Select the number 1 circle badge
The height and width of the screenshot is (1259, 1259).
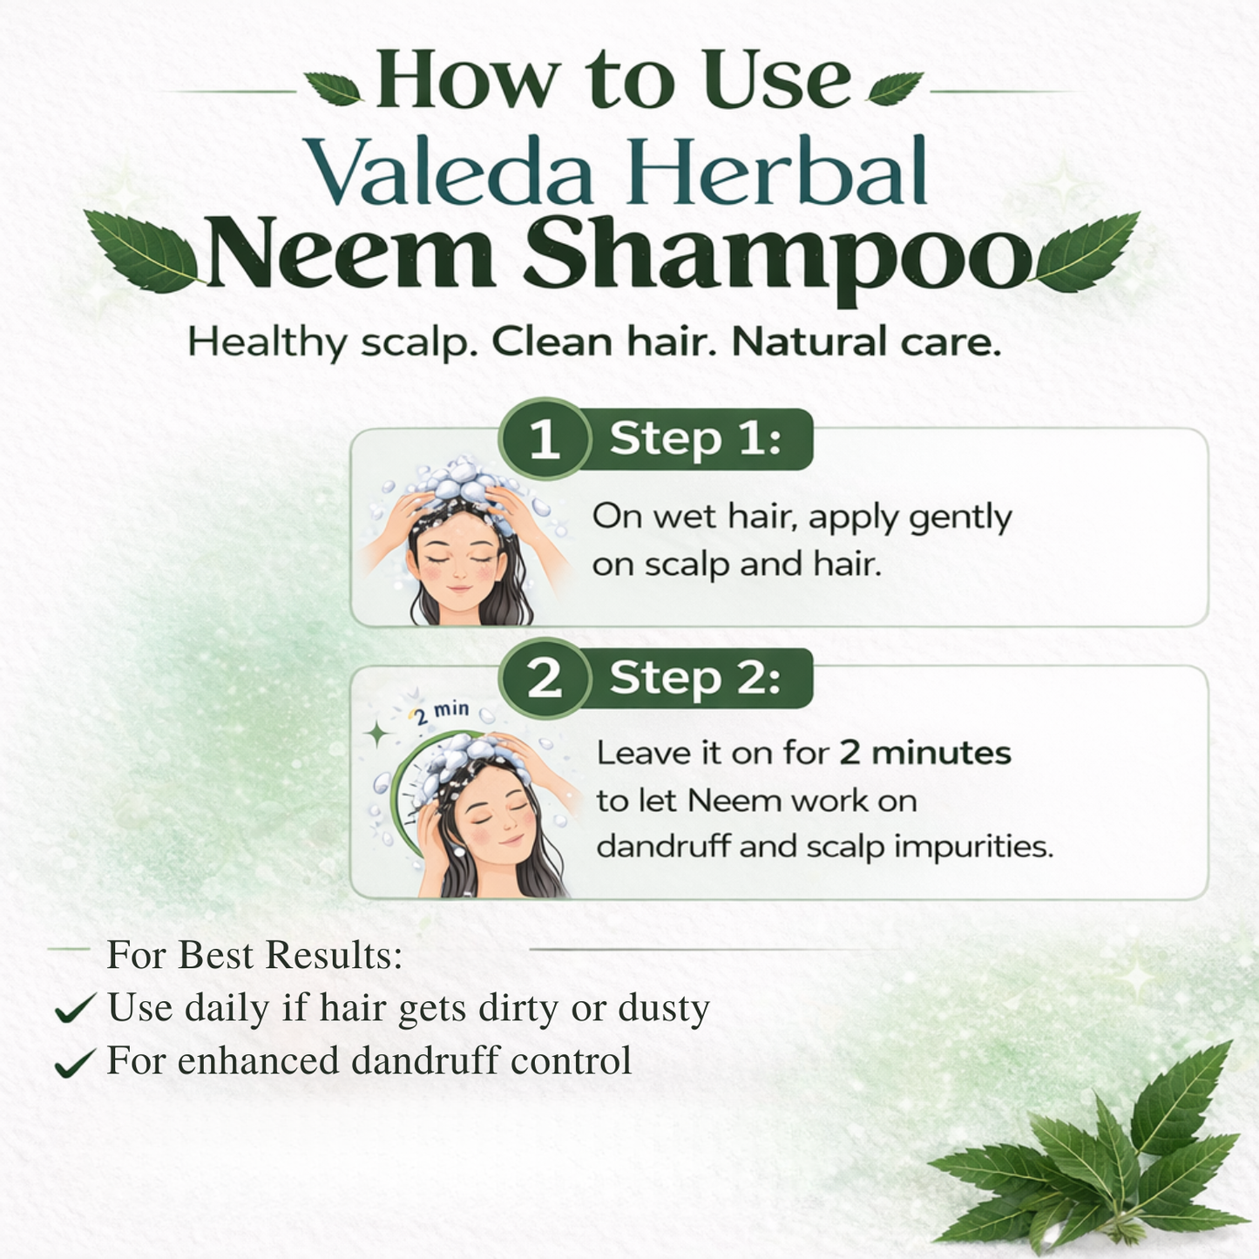point(545,438)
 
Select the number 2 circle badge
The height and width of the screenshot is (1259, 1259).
point(545,678)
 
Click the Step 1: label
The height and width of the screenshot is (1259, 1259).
point(695,438)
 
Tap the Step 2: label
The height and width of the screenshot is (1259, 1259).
point(695,678)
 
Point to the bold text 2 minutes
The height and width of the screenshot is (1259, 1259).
point(924,753)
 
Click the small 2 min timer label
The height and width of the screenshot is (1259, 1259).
point(442,713)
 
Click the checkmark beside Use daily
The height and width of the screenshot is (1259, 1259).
point(75,1009)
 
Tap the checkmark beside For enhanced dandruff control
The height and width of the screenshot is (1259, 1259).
point(75,1062)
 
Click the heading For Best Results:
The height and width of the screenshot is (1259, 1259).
point(254,955)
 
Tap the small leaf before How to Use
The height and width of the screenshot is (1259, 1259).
point(332,88)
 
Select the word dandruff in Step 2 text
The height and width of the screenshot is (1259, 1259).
point(662,847)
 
